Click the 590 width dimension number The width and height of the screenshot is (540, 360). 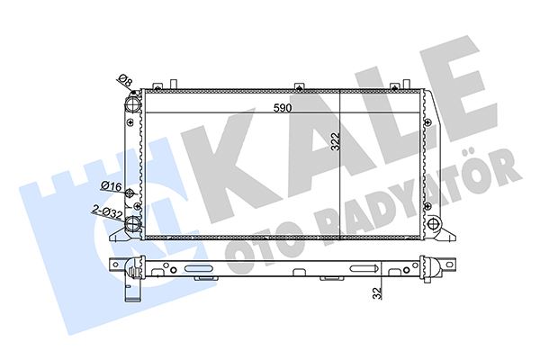[283, 108]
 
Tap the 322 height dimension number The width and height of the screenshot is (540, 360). [335, 141]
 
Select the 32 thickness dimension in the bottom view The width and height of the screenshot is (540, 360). [378, 292]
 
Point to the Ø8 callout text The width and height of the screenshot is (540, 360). [125, 81]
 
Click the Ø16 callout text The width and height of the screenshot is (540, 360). [112, 186]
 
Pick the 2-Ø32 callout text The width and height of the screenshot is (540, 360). [107, 211]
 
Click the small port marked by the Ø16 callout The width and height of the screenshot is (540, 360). [130, 193]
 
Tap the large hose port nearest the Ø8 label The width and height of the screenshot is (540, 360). [132, 103]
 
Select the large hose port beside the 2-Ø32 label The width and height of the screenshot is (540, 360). [132, 223]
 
